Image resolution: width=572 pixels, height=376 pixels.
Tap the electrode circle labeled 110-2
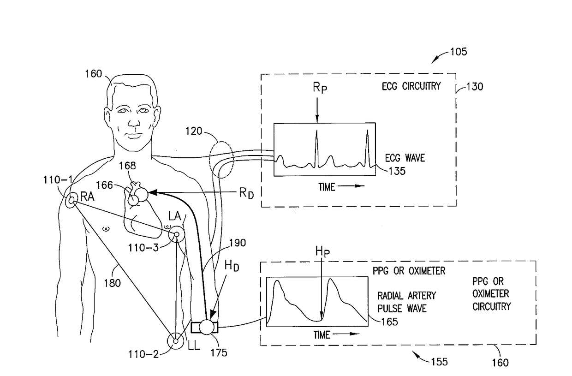click(x=176, y=341)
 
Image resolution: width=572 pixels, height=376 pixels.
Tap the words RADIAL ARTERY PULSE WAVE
click(x=406, y=301)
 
